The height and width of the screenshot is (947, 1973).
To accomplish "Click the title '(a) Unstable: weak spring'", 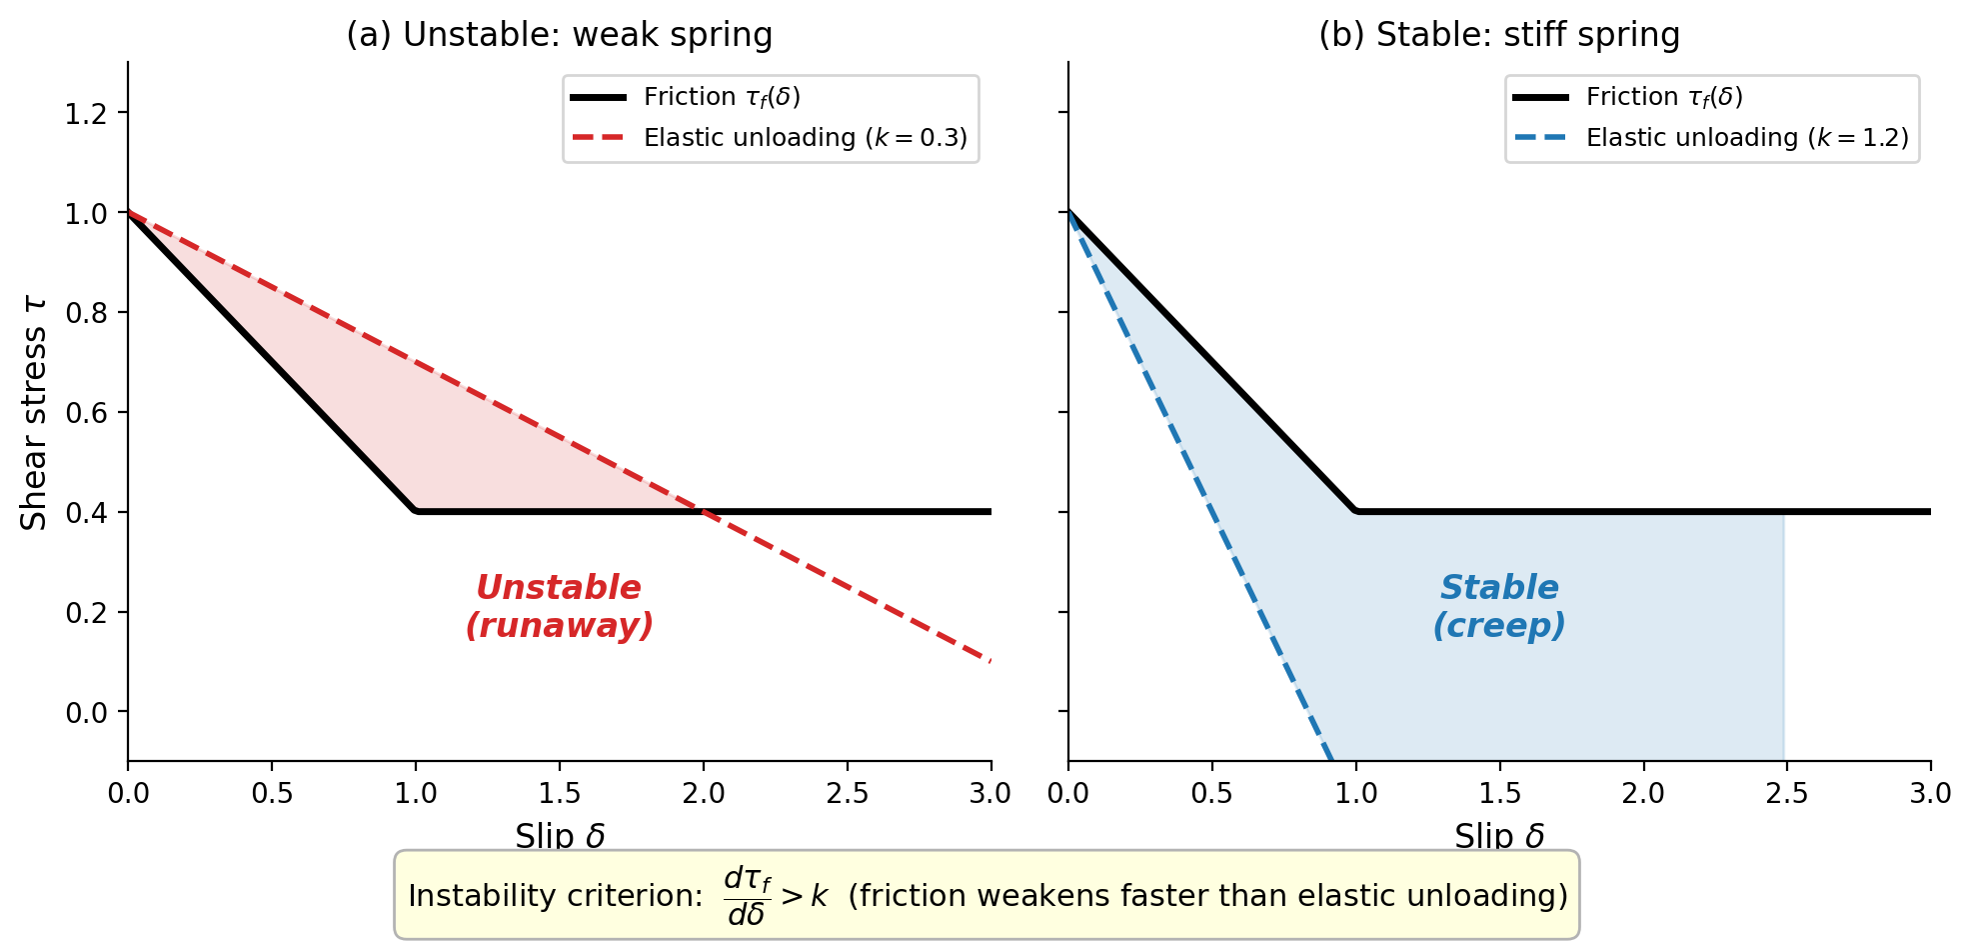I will pos(559,35).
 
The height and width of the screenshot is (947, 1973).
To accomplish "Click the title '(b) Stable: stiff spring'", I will pos(1498,35).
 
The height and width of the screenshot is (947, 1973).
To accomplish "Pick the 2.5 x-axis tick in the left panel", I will pos(848,794).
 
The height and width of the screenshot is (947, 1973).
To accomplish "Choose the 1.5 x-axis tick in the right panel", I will pos(1499,794).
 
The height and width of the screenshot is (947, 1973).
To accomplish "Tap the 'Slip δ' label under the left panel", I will pos(560,836).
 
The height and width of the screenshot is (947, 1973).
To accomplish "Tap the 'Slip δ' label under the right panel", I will pos(1499,836).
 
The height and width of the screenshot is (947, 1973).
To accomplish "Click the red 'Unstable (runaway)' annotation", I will pos(559,606).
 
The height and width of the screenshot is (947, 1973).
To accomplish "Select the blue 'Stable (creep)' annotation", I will pos(1499,606).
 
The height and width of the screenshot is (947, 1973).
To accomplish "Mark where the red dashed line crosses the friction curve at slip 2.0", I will pos(704,512).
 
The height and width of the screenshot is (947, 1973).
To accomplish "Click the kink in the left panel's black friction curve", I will pos(416,511).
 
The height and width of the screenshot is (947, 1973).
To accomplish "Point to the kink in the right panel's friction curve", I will pos(1356,511).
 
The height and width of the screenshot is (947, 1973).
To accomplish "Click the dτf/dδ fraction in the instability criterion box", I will pos(748,896).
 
